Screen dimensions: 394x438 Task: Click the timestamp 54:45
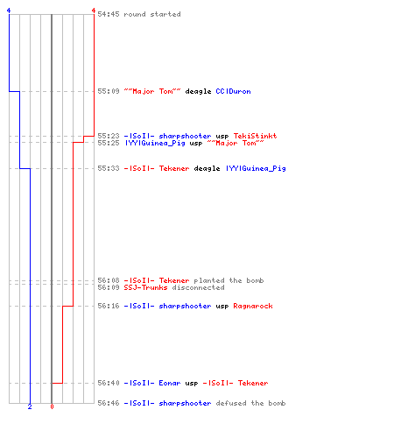(109, 14)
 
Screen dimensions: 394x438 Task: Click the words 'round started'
(152, 14)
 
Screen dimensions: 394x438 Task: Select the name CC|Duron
(233, 91)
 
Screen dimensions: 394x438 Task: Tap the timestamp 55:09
(109, 91)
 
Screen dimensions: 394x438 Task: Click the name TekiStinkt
(255, 136)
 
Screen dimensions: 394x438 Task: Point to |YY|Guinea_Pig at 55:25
(155, 143)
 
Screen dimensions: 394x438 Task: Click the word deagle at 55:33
(207, 168)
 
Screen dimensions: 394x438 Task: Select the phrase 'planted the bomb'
(229, 280)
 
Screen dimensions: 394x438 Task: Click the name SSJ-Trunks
(145, 287)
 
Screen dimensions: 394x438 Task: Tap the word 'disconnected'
(199, 287)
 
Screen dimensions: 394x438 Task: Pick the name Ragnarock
(253, 306)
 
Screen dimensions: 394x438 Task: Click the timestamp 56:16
(109, 306)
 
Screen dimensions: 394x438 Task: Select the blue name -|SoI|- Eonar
(152, 383)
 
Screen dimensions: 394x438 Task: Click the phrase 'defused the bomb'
(250, 403)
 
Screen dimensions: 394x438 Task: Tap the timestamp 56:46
(109, 403)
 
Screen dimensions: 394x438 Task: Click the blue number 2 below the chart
(30, 406)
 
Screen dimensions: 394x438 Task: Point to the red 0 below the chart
(52, 406)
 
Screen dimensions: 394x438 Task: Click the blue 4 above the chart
(9, 11)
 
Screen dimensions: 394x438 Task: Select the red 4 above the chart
(94, 11)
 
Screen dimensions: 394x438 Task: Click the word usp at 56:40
(192, 384)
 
